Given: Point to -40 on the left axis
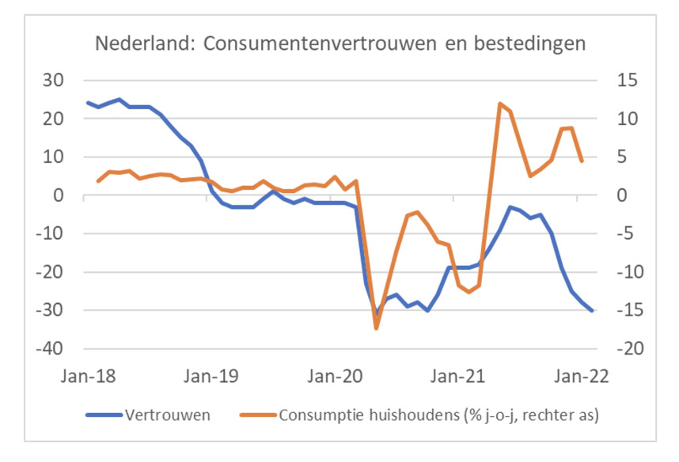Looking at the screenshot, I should tap(59, 349).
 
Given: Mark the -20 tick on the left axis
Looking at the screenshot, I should tap(59, 272).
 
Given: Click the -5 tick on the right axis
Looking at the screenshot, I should tap(616, 234).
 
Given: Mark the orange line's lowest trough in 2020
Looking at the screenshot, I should tap(377, 328).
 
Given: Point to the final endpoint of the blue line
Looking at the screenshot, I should tap(593, 311).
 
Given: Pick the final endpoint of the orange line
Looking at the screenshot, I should tap(582, 161).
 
